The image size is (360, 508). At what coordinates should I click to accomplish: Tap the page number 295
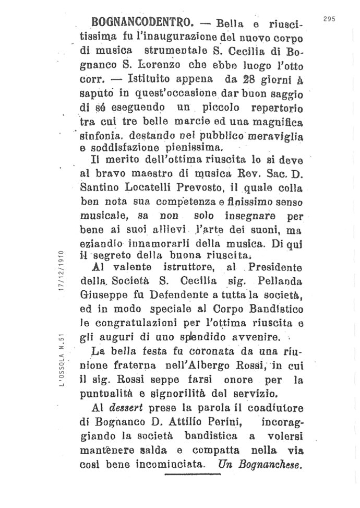pyautogui.click(x=329, y=19)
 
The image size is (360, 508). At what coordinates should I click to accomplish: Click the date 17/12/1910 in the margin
pyautogui.click(x=62, y=271)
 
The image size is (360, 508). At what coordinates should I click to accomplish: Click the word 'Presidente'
pyautogui.click(x=275, y=268)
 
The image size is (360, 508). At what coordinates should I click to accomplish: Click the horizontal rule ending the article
pyautogui.click(x=193, y=474)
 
